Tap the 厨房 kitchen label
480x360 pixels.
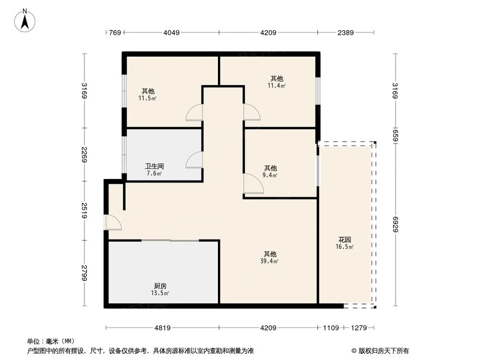point(160,286)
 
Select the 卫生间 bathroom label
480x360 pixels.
point(154,167)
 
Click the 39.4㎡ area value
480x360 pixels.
point(269,262)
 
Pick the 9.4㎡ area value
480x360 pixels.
point(270,176)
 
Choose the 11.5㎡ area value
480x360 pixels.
point(147,98)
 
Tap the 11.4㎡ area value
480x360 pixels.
point(276,86)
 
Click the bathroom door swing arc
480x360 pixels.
point(194,160)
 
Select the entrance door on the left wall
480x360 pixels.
point(113,222)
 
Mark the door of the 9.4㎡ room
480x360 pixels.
point(253,184)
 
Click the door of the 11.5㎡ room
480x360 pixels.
point(194,113)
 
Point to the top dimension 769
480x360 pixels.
point(114,33)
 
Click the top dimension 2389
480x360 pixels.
point(346,33)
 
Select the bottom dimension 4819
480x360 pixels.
point(162,328)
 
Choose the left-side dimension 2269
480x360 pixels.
point(84,154)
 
